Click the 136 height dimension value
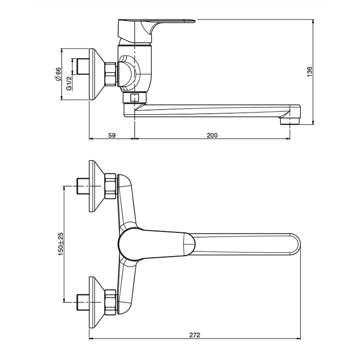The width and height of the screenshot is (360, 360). pyautogui.click(x=310, y=71)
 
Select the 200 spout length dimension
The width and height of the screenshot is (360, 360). pyautogui.click(x=212, y=135)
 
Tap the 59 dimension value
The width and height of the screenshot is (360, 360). pyautogui.click(x=112, y=135)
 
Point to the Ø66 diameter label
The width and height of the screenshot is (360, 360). pyautogui.click(x=58, y=74)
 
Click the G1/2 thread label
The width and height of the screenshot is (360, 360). pyautogui.click(x=69, y=83)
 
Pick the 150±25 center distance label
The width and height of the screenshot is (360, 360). pyautogui.click(x=60, y=244)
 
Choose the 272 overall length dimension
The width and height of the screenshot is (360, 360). pyautogui.click(x=195, y=335)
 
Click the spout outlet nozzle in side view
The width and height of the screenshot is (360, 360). pyautogui.click(x=290, y=121)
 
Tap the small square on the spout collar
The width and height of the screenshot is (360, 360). pyautogui.click(x=134, y=98)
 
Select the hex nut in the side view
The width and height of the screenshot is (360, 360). pyautogui.click(x=111, y=75)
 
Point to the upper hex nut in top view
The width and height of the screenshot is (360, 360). pyautogui.click(x=111, y=186)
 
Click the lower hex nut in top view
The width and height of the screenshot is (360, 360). pyautogui.click(x=111, y=302)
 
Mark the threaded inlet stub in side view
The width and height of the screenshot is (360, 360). pyautogui.click(x=83, y=66)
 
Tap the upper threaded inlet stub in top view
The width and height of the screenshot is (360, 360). pyautogui.click(x=83, y=186)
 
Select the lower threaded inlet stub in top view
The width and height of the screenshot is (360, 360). pyautogui.click(x=83, y=302)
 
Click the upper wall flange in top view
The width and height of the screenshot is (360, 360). pyautogui.click(x=97, y=186)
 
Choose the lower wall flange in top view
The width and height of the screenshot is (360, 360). pyautogui.click(x=97, y=302)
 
